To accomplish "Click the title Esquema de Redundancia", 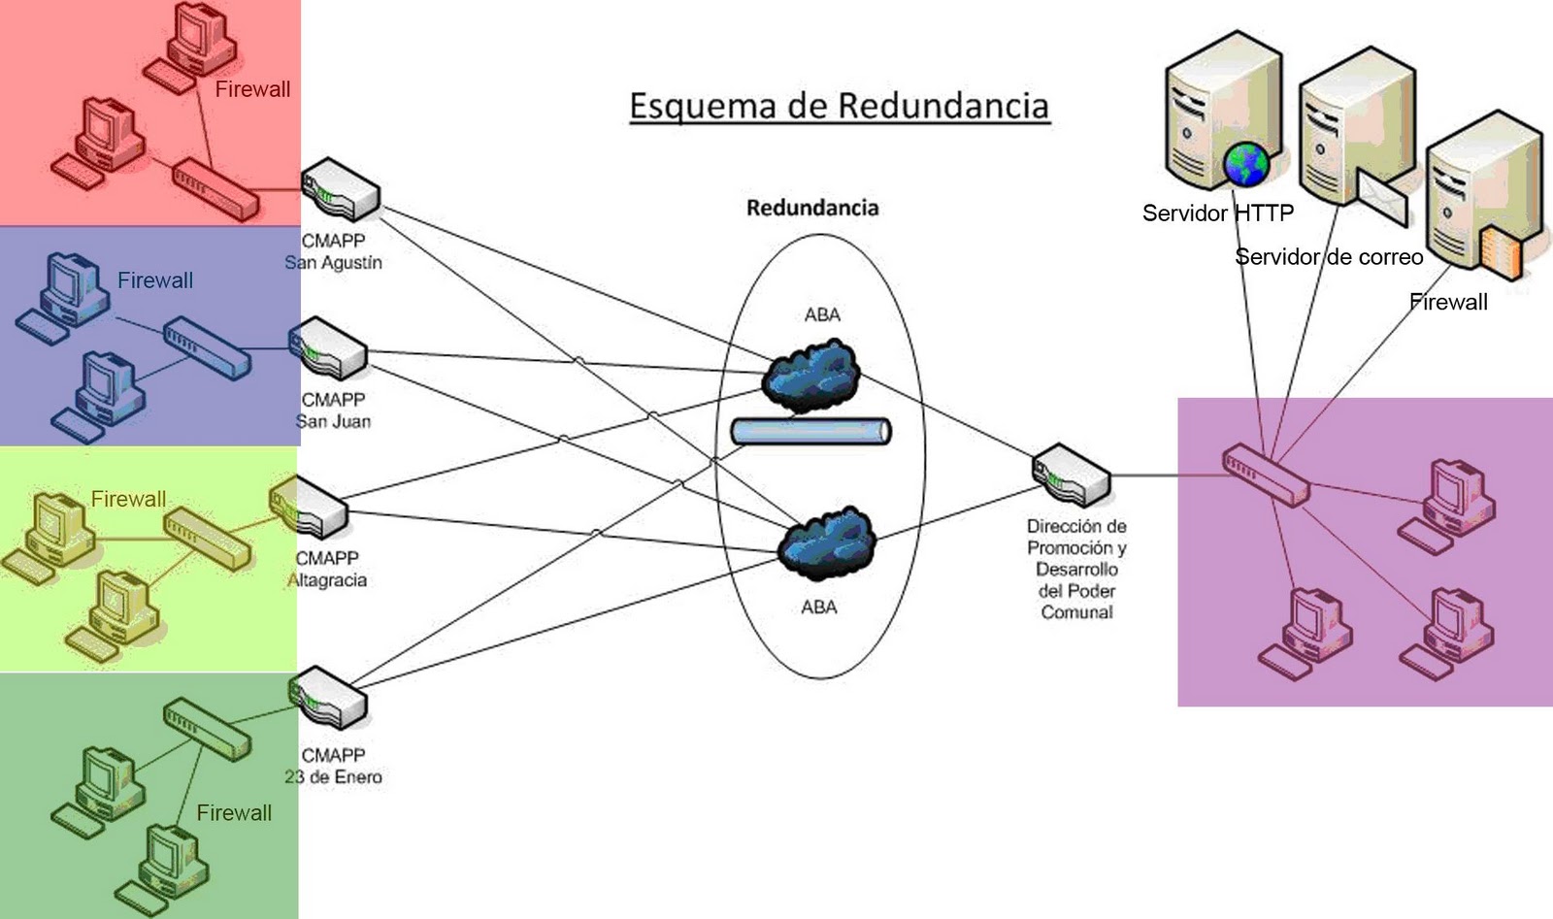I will pos(839,105).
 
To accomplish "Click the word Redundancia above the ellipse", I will pos(812,207).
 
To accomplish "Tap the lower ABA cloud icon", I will pos(827,542).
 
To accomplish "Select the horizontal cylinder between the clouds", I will pos(810,431).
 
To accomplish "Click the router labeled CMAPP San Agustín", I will pos(339,190).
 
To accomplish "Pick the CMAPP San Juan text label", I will pos(333,410).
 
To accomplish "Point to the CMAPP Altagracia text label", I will pos(328,570).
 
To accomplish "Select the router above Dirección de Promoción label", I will pos(1070,475).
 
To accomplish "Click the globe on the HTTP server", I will pos(1246,163).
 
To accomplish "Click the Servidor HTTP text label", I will pos(1217,213).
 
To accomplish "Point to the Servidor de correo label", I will pos(1328,257).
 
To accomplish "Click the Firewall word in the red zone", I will pos(252,89).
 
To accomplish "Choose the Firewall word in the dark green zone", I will pos(234,812).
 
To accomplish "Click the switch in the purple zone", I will pos(1266,474).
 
